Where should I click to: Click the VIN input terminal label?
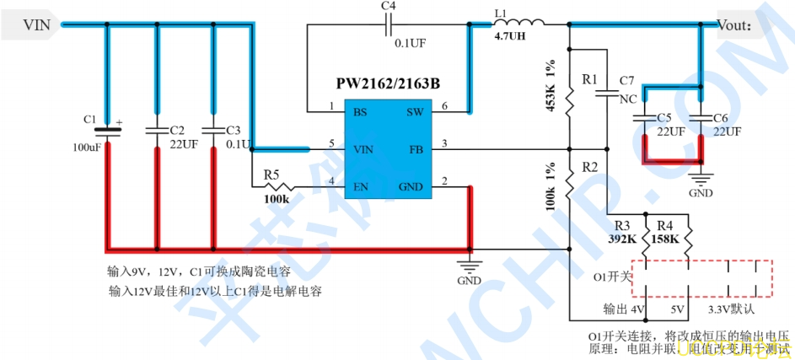(x=35, y=25)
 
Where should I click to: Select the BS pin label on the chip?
(x=360, y=111)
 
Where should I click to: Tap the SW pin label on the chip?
(x=415, y=111)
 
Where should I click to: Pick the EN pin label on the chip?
(x=360, y=186)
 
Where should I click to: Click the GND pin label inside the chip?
(x=411, y=186)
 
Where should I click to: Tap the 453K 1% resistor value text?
(x=551, y=87)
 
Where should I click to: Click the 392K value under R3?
(x=621, y=239)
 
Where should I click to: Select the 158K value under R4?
(x=665, y=239)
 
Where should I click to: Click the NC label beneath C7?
(x=628, y=99)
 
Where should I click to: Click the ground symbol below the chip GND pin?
(x=469, y=269)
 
